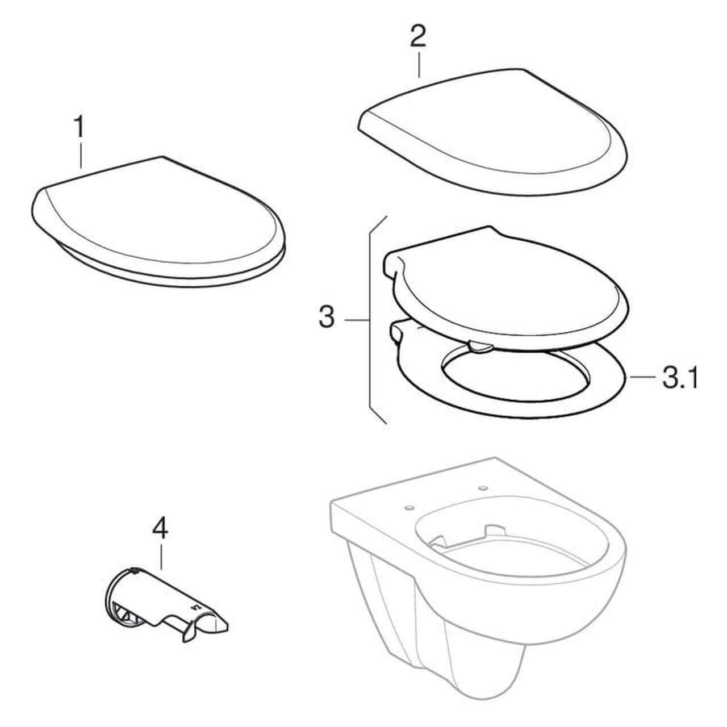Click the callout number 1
click(x=79, y=127)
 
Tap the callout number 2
click(x=418, y=36)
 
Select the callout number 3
click(x=327, y=317)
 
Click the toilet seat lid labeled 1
click(x=158, y=223)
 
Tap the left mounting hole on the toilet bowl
click(x=409, y=507)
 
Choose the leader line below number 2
click(x=419, y=65)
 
